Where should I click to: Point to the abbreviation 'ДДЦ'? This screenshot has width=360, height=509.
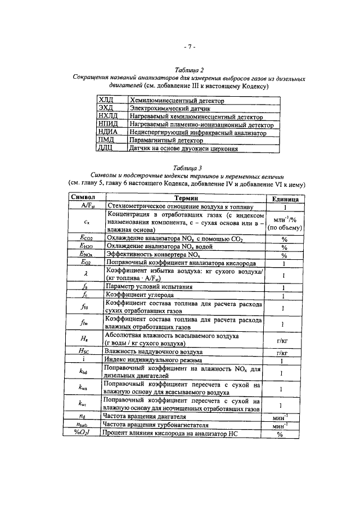(x=106, y=149)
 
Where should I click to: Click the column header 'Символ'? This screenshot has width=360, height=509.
(x=82, y=198)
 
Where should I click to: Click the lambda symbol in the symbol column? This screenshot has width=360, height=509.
(x=83, y=274)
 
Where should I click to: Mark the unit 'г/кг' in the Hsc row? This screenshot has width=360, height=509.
(x=284, y=352)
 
